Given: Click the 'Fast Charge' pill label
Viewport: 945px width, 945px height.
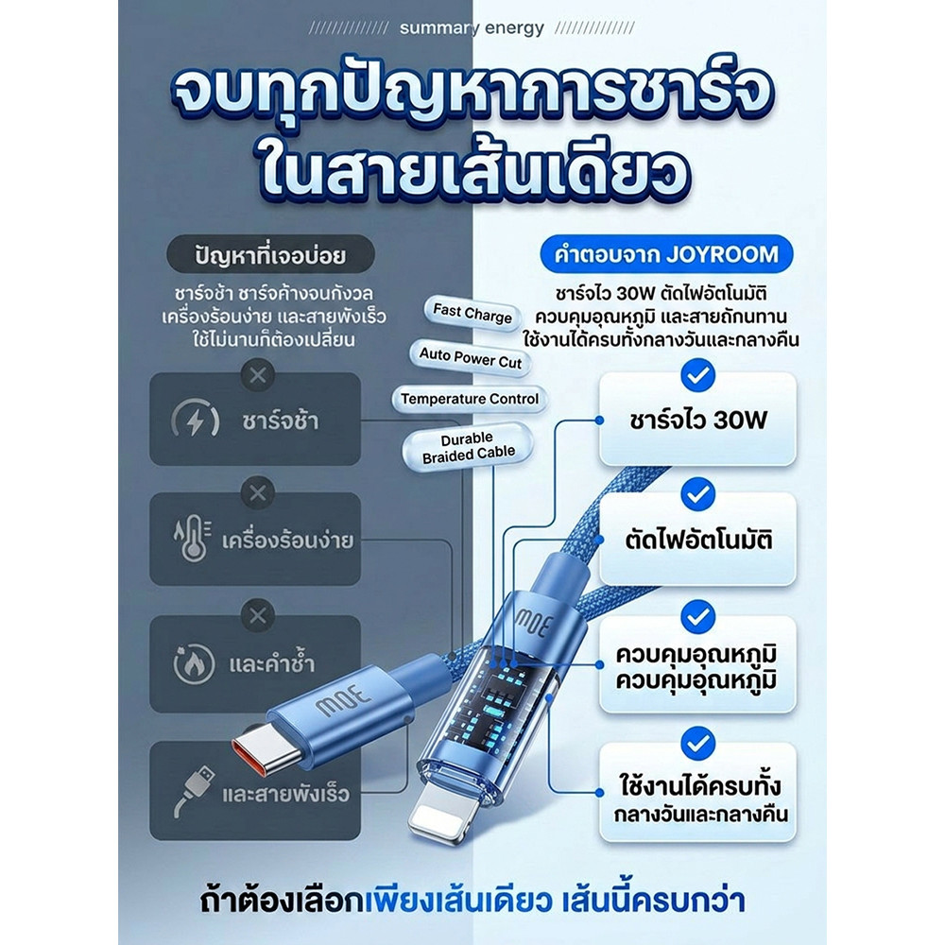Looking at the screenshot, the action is point(472,314).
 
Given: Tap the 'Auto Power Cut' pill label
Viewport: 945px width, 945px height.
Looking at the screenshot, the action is point(470,358).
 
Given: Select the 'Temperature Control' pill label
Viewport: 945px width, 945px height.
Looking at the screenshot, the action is point(470,399).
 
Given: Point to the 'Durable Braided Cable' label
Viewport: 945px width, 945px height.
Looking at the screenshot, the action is point(469,447).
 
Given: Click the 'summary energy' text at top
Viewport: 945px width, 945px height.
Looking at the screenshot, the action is point(472,27).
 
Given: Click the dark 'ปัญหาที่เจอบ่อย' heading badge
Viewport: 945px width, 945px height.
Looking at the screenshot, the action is point(270,255).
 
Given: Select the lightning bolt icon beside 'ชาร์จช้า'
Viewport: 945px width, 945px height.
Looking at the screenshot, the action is point(195,419).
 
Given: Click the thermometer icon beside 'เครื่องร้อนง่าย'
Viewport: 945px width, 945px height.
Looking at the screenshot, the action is point(193,539).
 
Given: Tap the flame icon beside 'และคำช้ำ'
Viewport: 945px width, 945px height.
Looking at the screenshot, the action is point(194,663).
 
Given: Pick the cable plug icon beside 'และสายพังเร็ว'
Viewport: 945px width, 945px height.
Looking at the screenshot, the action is point(194,791).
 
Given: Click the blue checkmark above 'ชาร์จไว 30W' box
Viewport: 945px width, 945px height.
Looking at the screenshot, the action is point(698,375).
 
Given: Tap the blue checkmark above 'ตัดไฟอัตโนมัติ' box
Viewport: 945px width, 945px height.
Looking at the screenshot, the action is point(698,494).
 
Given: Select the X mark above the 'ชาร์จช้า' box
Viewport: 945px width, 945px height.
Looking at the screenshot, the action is point(257,375).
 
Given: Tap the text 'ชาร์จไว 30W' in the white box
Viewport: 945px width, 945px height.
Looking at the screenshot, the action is point(698,421).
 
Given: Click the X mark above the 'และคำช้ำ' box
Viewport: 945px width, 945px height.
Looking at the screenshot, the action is point(257,616).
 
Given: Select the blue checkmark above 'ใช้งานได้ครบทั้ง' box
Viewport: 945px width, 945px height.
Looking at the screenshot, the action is point(698,744).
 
